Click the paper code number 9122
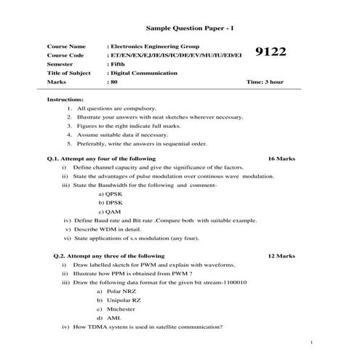coord(272,53)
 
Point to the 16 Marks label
coord(281,158)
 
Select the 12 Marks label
coord(281,256)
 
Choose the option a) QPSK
coord(109,194)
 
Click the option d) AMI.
coord(108,318)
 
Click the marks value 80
coord(113,82)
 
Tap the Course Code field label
coord(65,55)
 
